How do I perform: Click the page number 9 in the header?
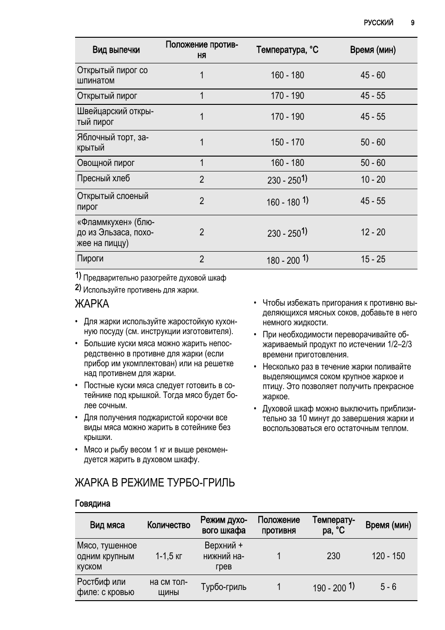coord(413,22)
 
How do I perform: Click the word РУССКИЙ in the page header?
coord(378,22)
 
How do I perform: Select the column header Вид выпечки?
coord(116,50)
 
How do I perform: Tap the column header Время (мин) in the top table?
coord(373,50)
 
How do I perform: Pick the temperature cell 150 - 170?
coord(287,142)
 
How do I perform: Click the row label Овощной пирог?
coord(106,163)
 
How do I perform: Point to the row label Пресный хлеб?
coord(104,178)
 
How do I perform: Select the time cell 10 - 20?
coord(373,179)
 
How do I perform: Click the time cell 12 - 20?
coord(373,232)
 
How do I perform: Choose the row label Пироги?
coord(90,259)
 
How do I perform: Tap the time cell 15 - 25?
coord(373,260)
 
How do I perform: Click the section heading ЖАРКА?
coord(92,304)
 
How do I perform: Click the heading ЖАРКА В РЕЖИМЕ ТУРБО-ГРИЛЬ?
coord(155,482)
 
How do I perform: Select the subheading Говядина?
coord(93,504)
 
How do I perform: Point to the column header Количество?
coord(169,525)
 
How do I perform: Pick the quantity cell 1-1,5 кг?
coord(169,556)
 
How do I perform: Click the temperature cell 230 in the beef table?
coord(334,556)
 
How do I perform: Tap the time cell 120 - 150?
coord(388,556)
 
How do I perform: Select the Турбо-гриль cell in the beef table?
coord(224,587)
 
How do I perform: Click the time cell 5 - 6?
coord(388,587)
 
